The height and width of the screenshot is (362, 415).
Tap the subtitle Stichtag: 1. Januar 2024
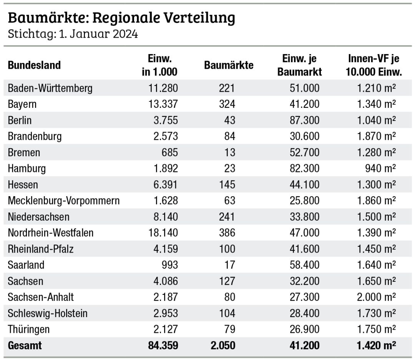click(73, 34)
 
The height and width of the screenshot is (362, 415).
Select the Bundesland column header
click(34, 65)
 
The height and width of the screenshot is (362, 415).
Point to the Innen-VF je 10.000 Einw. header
click(373, 65)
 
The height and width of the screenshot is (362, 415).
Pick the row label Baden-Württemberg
click(50, 88)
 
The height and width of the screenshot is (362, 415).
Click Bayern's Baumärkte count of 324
click(227, 104)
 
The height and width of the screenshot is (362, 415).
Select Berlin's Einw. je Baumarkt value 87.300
click(304, 121)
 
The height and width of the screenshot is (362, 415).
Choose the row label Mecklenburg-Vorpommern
click(64, 201)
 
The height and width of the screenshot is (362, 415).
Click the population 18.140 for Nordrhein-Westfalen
click(163, 233)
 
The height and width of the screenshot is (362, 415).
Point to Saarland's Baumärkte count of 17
click(229, 265)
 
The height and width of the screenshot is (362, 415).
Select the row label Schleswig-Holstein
click(48, 313)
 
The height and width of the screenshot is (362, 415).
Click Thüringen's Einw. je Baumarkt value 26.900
click(304, 329)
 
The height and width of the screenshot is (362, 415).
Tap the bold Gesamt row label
click(25, 345)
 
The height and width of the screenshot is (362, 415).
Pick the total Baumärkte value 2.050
click(223, 345)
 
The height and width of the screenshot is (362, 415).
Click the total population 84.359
click(163, 345)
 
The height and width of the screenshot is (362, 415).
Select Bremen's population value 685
click(169, 152)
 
